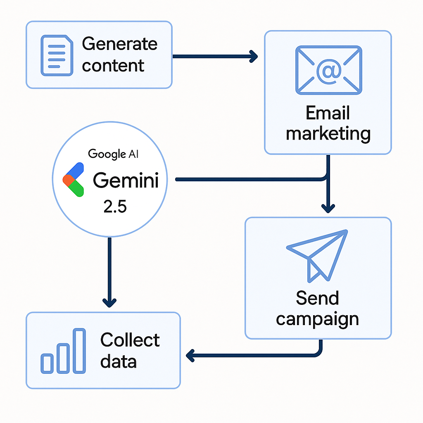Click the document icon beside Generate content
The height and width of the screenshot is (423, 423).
(x=56, y=55)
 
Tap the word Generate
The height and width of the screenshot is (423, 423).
(x=120, y=44)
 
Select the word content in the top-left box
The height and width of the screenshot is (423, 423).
(x=113, y=65)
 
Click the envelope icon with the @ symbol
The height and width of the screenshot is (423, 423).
(x=328, y=70)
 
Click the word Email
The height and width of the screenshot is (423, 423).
(x=328, y=113)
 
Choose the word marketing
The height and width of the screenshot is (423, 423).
(x=328, y=133)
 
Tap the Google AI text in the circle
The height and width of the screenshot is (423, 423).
(x=114, y=154)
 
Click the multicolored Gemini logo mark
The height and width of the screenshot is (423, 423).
(x=74, y=179)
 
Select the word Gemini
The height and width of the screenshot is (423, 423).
(x=126, y=180)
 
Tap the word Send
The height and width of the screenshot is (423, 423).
(x=317, y=298)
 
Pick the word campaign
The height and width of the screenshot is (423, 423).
(x=317, y=319)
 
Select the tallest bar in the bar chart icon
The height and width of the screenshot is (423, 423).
(x=79, y=350)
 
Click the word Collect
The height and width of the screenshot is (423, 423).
(x=130, y=340)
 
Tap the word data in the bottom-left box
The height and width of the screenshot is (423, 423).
(x=118, y=361)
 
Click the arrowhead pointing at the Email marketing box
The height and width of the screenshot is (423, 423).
(x=253, y=56)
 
